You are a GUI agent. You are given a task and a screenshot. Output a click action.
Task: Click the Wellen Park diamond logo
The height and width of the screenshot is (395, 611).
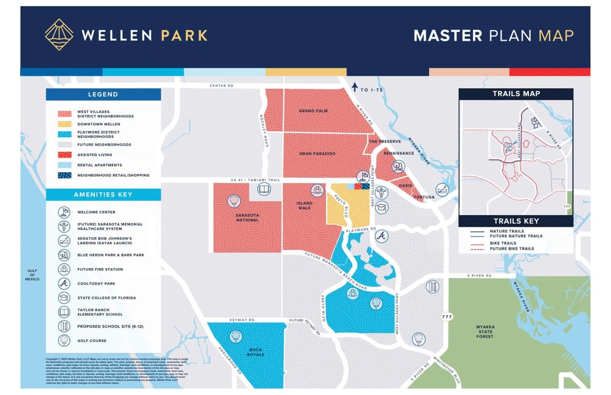[59, 34]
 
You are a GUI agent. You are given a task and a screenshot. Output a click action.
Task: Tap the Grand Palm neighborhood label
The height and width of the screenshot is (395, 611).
[313, 111]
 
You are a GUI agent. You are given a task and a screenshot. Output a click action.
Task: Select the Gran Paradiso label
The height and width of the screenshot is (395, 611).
[317, 154]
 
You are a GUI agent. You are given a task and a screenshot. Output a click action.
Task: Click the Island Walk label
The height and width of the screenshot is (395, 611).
[304, 205]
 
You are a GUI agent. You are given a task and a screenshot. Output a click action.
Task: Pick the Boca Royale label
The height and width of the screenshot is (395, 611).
[256, 351]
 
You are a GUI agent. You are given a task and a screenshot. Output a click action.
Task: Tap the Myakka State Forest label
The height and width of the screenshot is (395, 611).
[485, 332]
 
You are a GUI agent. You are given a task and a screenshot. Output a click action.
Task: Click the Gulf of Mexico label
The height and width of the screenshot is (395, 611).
[32, 275]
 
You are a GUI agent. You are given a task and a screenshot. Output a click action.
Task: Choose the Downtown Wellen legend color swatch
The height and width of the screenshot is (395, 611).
[64, 124]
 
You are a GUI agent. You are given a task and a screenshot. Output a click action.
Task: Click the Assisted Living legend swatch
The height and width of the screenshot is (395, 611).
[64, 155]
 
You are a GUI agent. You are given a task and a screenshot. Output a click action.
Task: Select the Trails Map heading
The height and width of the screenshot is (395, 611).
[516, 94]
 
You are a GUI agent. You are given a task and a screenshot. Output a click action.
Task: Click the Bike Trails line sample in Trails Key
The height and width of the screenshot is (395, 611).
[477, 242]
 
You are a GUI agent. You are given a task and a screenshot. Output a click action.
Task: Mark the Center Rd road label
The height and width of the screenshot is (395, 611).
[221, 86]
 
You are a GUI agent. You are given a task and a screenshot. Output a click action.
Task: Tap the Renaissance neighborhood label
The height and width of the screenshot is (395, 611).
[399, 153]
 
